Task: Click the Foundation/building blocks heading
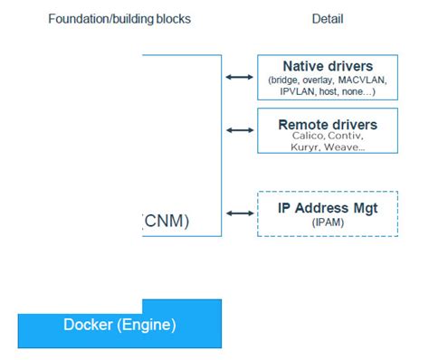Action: [119, 19]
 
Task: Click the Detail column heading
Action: [328, 19]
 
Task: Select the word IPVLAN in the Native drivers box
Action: [293, 91]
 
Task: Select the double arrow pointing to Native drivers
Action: [239, 78]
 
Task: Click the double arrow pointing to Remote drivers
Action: [239, 130]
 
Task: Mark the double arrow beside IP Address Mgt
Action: [239, 213]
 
